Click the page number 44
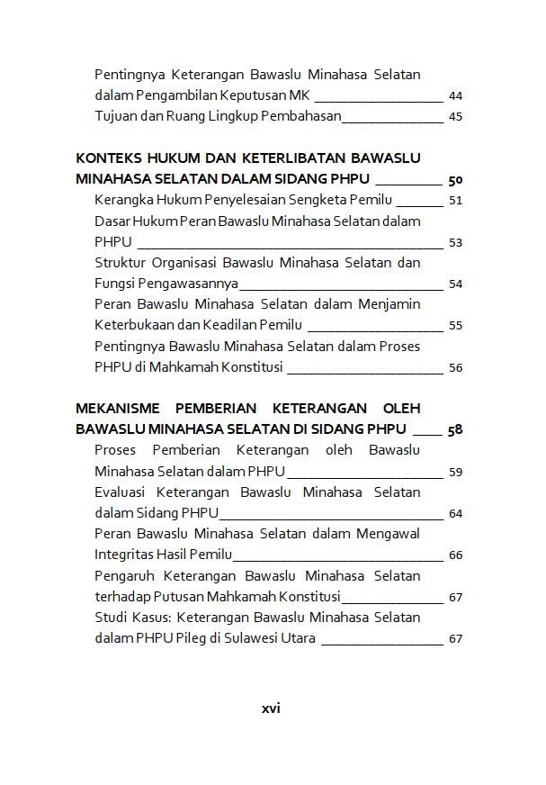tap(455, 95)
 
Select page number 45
tap(455, 117)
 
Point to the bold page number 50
tap(455, 179)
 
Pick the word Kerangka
tap(123, 200)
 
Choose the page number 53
tap(455, 242)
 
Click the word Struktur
tap(121, 263)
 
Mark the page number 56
tap(455, 367)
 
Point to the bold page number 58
tap(455, 430)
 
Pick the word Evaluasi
tap(121, 492)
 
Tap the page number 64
tap(455, 514)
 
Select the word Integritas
tap(126, 555)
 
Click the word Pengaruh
tap(124, 575)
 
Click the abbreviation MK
tap(300, 95)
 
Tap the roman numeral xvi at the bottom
tap(271, 708)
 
